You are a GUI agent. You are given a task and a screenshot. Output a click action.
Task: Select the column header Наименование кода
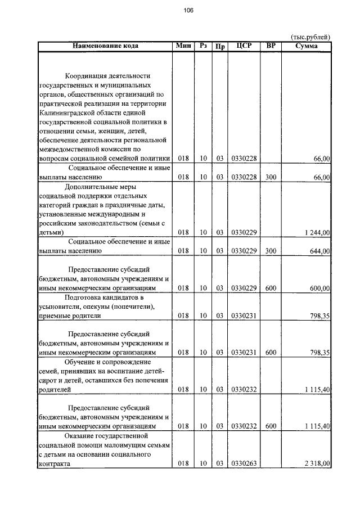coord(105,46)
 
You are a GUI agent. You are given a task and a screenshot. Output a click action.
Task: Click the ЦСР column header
coord(244,46)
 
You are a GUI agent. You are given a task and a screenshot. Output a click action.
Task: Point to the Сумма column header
coord(306,46)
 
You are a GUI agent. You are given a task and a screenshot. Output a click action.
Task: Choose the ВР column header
coord(271,46)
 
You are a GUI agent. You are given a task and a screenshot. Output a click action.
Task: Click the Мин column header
coord(183,46)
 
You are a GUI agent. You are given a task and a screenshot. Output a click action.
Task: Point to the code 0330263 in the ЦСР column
coord(244,463)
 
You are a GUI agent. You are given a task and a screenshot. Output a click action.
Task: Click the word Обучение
coord(83,361)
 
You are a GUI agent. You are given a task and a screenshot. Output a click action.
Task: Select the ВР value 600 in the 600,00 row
coord(271,288)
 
